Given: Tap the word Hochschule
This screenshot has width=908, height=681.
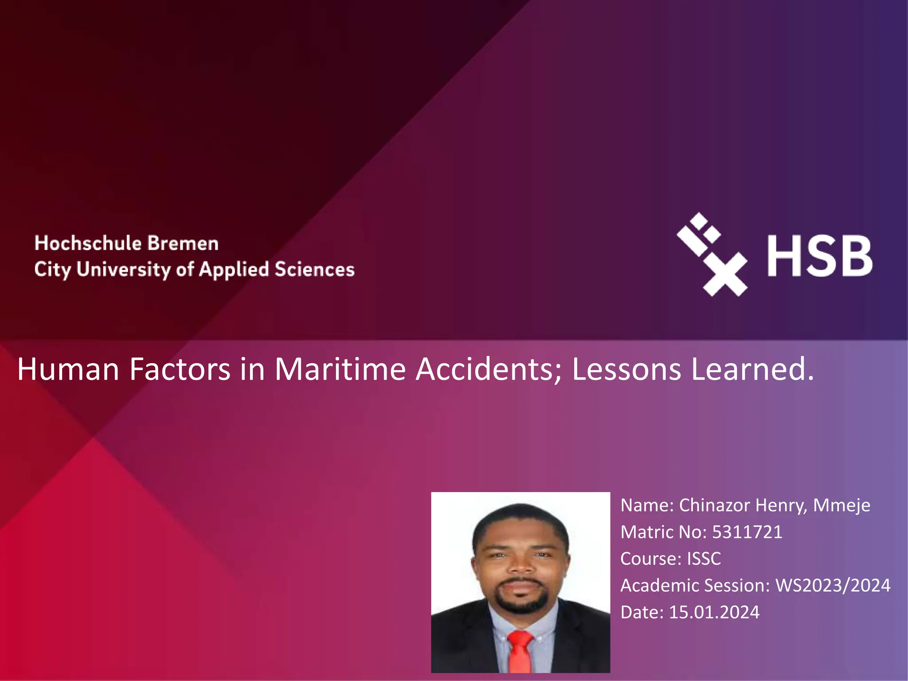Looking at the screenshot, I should [88, 243].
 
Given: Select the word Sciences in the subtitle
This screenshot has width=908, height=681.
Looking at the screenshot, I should [315, 269].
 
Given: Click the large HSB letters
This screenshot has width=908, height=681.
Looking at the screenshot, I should [820, 256].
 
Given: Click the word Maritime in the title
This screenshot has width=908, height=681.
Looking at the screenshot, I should [340, 369].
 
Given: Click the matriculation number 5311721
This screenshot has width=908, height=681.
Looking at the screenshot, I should [747, 532].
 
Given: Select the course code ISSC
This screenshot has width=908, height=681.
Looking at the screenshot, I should [704, 559].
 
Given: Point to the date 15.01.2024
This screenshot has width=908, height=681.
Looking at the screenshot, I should [714, 612].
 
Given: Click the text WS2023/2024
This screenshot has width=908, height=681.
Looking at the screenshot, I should [833, 585].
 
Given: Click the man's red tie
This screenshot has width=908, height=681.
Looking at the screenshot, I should [520, 652].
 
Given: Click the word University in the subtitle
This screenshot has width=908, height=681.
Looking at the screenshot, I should [123, 270].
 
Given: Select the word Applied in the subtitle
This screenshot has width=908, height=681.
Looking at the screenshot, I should [234, 270].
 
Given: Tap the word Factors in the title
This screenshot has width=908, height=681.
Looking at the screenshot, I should [180, 369].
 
